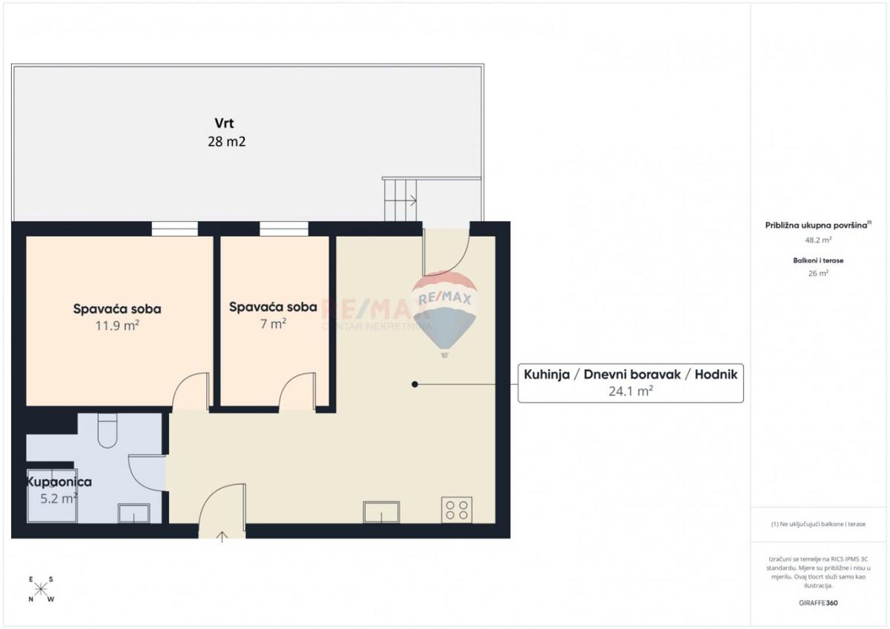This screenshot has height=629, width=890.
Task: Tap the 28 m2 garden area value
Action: coord(226,141)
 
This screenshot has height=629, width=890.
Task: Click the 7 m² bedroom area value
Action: coord(273,323)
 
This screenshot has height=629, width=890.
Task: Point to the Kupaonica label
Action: coord(59,481)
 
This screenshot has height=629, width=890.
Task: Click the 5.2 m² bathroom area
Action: coord(59,498)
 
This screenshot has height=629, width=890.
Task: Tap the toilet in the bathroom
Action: coord(108,432)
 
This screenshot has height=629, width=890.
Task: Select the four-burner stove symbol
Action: coord(457,510)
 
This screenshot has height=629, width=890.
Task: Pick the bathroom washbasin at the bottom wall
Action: coord(133,513)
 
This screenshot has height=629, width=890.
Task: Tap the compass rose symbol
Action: coord(41,590)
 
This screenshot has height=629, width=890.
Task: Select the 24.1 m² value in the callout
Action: coord(630,392)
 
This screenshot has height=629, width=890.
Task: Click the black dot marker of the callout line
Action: coord(415,384)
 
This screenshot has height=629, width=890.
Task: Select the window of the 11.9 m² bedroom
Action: coord(175,229)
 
